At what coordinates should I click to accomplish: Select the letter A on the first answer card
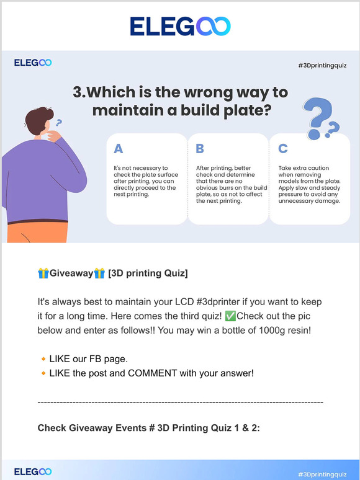click(x=118, y=148)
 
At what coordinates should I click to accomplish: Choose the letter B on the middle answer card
click(x=200, y=148)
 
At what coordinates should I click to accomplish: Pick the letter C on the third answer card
click(x=283, y=148)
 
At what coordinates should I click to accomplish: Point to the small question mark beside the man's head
click(x=59, y=123)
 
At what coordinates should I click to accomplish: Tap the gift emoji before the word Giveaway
click(x=43, y=273)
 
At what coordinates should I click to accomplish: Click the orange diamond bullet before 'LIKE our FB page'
click(x=43, y=359)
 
